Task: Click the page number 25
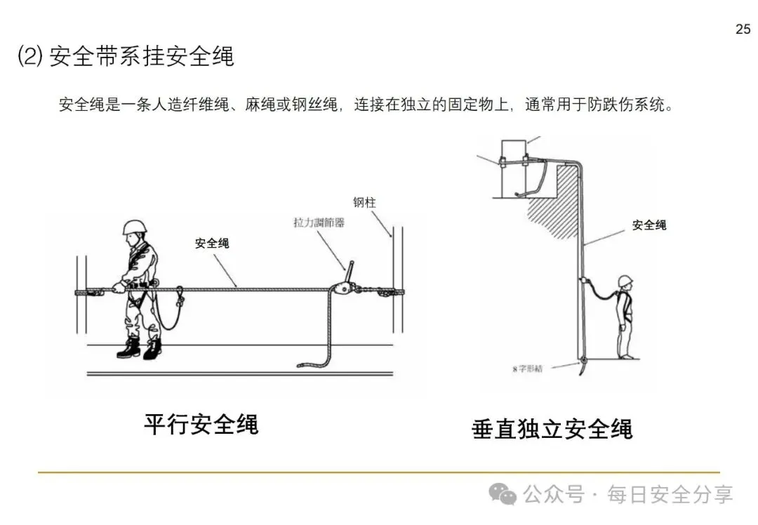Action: pyautogui.click(x=743, y=29)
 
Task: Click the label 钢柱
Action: pyautogui.click(x=364, y=202)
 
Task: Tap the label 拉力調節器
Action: pyautogui.click(x=319, y=222)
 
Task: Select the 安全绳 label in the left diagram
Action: pyautogui.click(x=212, y=244)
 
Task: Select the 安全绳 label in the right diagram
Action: pyautogui.click(x=649, y=225)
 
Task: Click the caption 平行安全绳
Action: pyautogui.click(x=201, y=424)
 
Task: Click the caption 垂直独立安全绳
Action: pyautogui.click(x=552, y=428)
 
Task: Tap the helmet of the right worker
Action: pyautogui.click(x=625, y=281)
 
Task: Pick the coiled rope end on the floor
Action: pyautogui.click(x=312, y=364)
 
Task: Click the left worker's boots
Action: pyautogui.click(x=140, y=348)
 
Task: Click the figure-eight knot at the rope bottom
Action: pyautogui.click(x=582, y=362)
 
